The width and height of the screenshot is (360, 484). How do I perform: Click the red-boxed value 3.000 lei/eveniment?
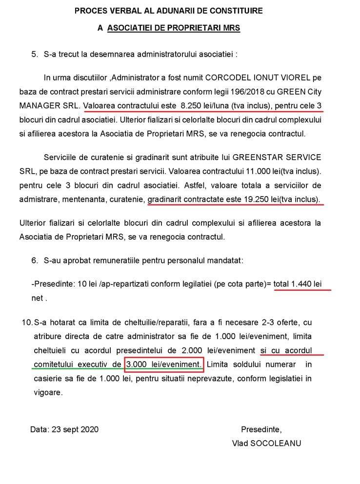[x=163, y=364]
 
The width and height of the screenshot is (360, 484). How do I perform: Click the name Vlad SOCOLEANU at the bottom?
[x=267, y=443]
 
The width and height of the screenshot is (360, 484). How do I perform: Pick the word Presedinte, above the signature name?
[x=261, y=429]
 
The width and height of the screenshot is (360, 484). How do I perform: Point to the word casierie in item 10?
[x=49, y=378]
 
